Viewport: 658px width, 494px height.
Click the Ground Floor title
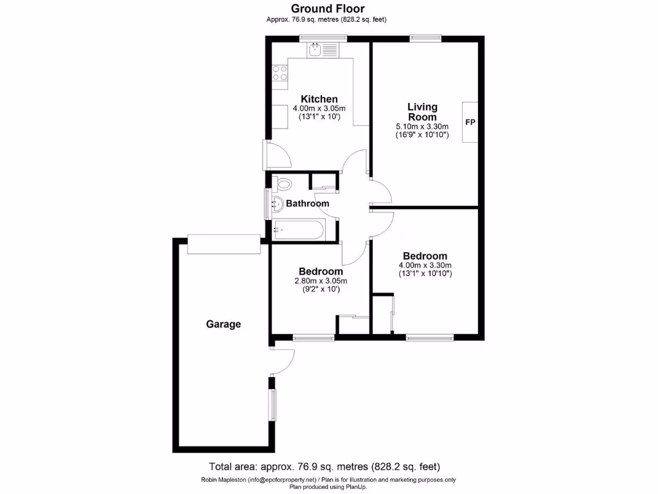coord(328,8)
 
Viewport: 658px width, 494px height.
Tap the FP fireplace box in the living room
coord(470,122)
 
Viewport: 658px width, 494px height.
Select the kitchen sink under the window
coord(316,49)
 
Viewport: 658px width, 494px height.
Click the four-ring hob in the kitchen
coord(280,73)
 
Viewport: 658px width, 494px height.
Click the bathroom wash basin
coord(277,206)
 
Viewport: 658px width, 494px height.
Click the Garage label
coord(223,324)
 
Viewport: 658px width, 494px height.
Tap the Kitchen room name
coord(319,99)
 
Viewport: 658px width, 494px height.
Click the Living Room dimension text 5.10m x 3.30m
coord(422,127)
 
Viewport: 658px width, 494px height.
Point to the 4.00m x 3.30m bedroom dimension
coord(425,265)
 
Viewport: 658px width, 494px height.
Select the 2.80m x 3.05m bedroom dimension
coord(320,280)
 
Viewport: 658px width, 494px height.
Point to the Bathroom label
coord(307,204)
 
